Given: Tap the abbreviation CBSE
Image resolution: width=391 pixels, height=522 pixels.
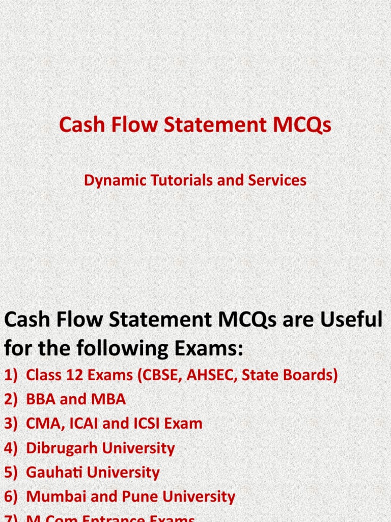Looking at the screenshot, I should coord(155,375).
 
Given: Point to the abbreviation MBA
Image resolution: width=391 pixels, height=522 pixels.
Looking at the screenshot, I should coord(108,399).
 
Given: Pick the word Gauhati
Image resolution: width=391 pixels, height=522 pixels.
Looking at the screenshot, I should coord(54,473).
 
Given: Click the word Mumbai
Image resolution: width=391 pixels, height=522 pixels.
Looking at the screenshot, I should coord(54,497).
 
